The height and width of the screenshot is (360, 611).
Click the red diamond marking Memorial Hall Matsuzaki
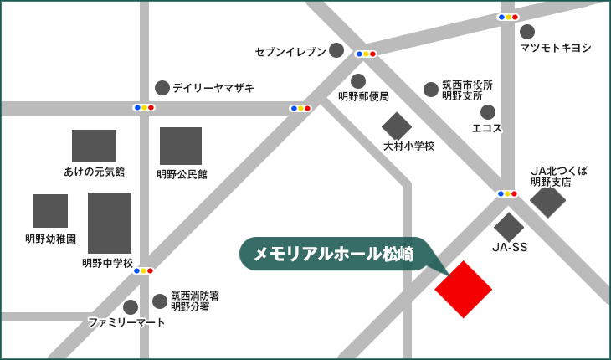pos(464,289)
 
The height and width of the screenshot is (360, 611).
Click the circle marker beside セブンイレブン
pos(336,50)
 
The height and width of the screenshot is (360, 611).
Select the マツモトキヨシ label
pos(555,48)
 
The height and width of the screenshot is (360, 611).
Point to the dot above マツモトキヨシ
pos(527,31)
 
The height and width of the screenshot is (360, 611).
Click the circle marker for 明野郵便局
pos(358,81)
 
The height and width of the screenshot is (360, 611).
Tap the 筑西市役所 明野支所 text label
pos(467,90)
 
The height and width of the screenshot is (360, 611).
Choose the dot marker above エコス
pos(488,111)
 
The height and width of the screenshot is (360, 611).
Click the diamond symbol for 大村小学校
pos(397,126)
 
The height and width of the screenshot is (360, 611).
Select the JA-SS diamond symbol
pos(509,226)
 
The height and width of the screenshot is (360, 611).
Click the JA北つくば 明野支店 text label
pos(559,176)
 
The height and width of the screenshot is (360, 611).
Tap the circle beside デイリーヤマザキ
pos(162,87)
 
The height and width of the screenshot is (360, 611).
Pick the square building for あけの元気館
pos(94,146)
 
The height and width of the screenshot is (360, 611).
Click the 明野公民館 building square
pos(181,147)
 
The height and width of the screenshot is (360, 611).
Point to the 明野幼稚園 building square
pos(50,211)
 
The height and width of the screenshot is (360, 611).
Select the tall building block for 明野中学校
pos(110,223)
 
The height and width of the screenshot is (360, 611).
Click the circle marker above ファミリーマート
pos(131,307)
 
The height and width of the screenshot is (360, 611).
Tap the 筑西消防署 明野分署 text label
pos(195,301)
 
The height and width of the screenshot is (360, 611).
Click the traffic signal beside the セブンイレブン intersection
pos(366,54)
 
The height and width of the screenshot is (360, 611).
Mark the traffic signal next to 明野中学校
pos(143,270)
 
